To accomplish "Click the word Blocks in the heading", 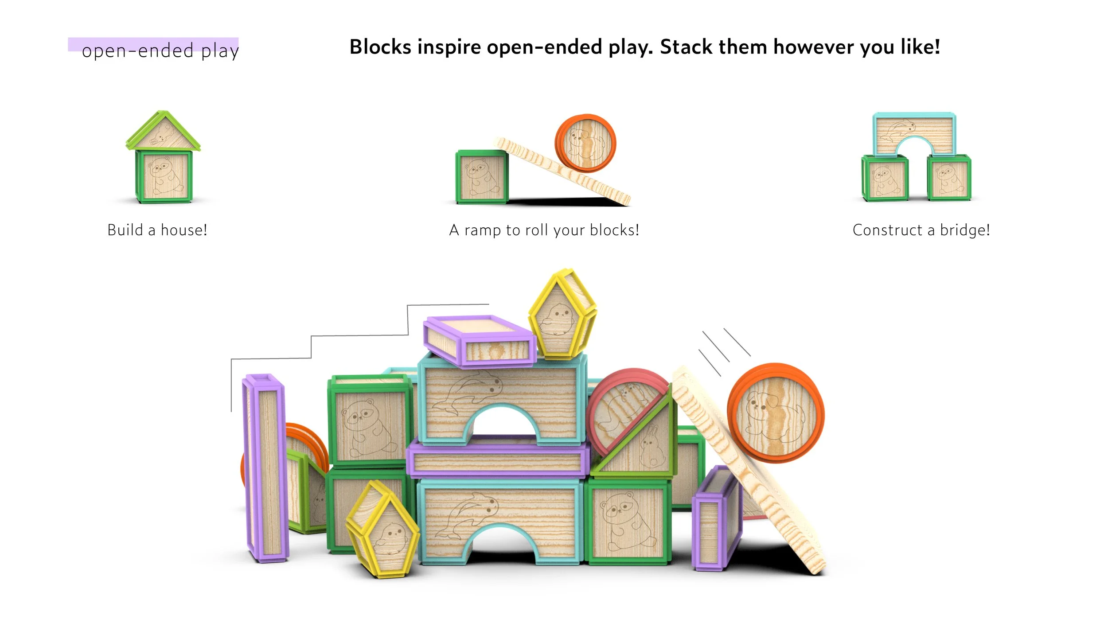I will tap(380, 47).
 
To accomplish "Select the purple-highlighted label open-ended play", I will tap(160, 50).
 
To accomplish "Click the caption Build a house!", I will tap(157, 230).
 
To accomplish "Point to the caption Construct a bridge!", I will tap(921, 230).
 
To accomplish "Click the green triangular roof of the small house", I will tap(163, 131).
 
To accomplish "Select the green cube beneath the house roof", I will tap(164, 176).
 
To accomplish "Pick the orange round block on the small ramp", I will tap(585, 143).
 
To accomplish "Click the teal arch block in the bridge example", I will tap(914, 131).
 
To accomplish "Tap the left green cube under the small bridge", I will tap(884, 178).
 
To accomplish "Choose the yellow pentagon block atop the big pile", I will tap(562, 314).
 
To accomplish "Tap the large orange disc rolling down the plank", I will tap(776, 413).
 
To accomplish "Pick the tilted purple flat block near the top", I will tap(479, 340).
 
